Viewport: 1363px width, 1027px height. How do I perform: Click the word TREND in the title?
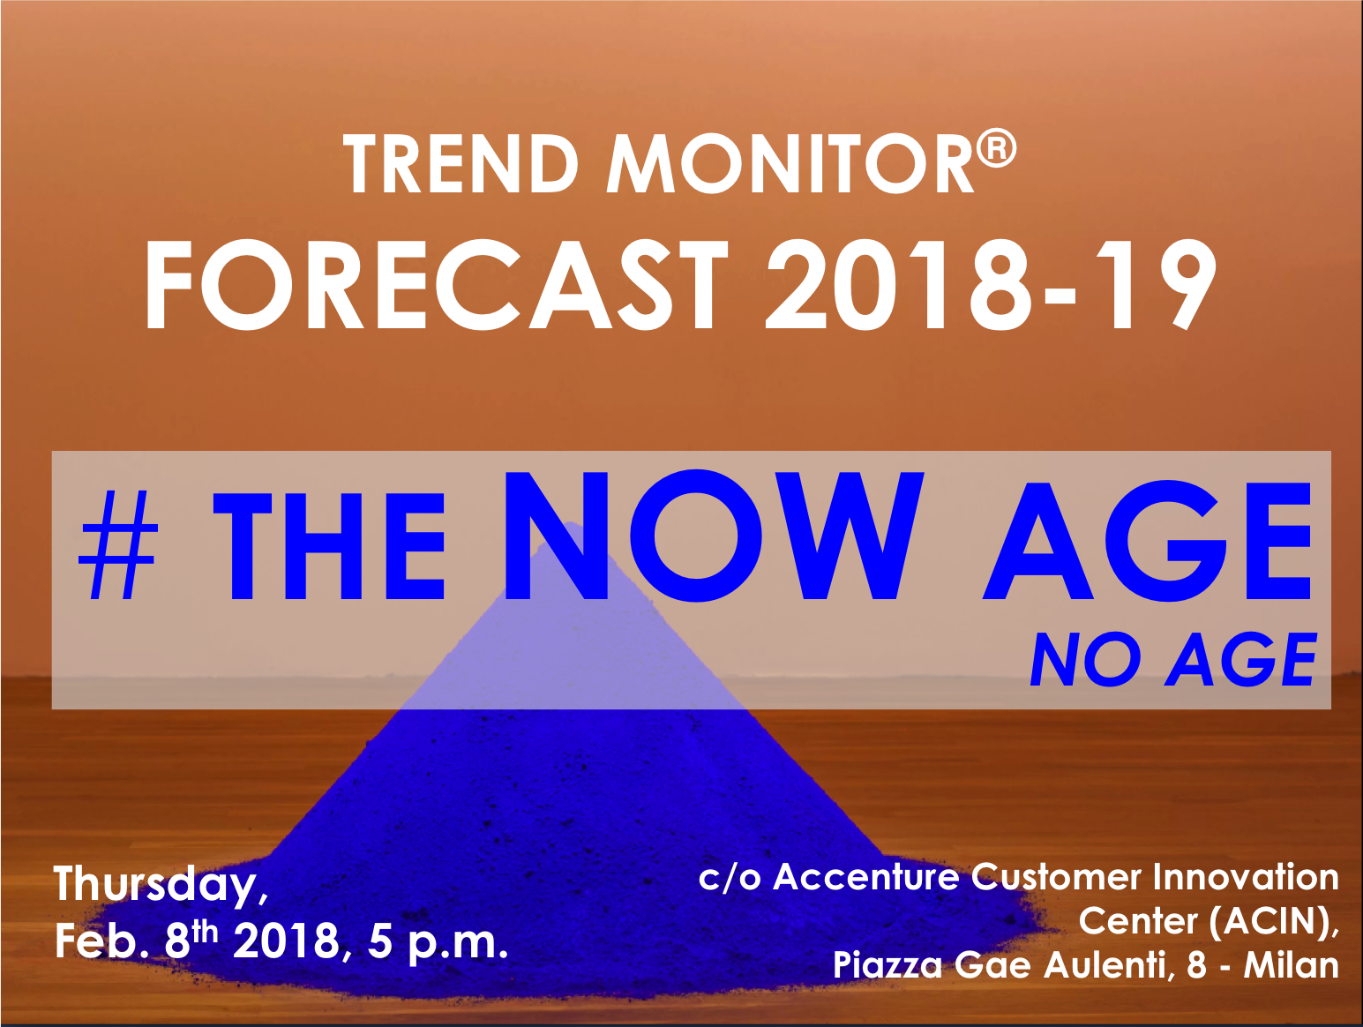click(x=461, y=164)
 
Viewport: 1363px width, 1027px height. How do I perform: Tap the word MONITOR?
click(x=790, y=164)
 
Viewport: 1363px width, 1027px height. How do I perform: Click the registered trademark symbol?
click(x=997, y=147)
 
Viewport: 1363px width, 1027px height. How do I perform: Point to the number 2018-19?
click(x=992, y=284)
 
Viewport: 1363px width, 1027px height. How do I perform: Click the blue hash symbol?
click(x=118, y=545)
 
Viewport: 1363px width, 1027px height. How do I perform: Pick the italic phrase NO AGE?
click(x=1173, y=659)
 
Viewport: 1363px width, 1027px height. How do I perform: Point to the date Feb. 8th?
click(x=137, y=941)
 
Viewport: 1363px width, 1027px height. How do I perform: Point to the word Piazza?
click(x=887, y=966)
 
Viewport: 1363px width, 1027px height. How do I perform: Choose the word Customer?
click(x=1056, y=877)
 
